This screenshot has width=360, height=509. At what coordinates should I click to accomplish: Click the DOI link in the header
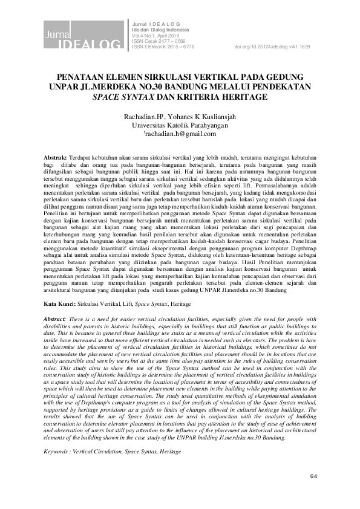point(272,47)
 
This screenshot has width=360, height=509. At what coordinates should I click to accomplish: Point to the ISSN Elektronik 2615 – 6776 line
point(163,47)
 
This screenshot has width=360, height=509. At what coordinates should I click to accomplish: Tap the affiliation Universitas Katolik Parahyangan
point(180,125)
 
